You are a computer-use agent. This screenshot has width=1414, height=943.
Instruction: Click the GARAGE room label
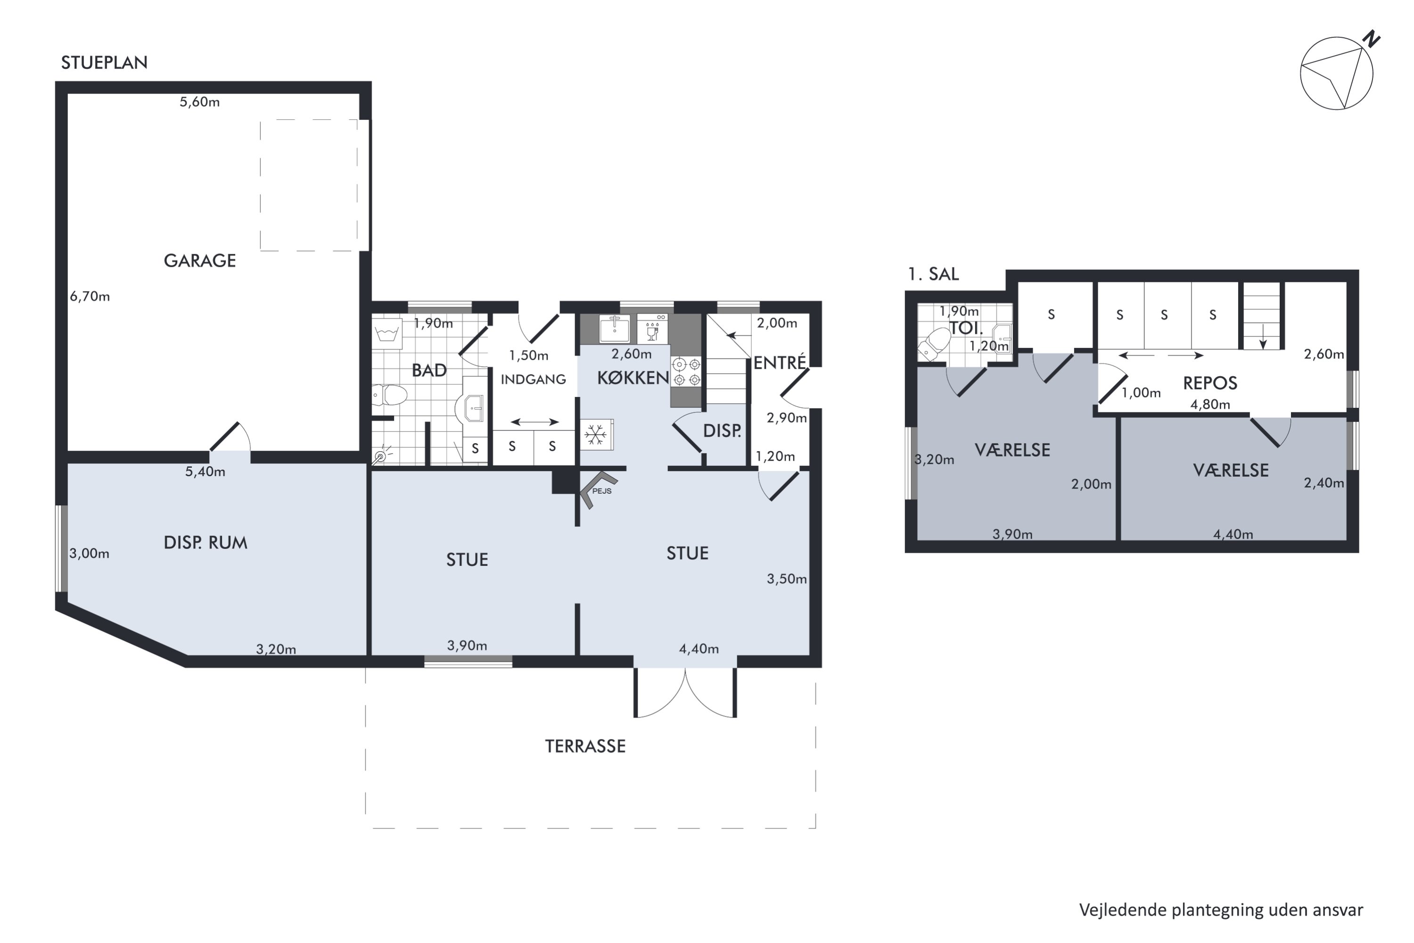[x=199, y=260]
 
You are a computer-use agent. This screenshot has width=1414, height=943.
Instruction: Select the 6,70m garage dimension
[x=90, y=296]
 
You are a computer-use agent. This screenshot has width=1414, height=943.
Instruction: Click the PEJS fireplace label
[x=602, y=491]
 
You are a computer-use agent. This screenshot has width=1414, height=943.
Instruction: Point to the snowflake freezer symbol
[x=596, y=434]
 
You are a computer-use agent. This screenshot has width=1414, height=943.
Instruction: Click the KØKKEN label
[x=633, y=378]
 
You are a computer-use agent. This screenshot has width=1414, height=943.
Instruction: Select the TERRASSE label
[x=585, y=746]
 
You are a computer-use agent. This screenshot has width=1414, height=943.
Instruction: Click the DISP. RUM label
[x=206, y=543]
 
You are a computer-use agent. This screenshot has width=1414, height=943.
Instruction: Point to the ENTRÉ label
[x=779, y=362]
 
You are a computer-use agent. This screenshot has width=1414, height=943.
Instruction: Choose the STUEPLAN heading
[x=104, y=63]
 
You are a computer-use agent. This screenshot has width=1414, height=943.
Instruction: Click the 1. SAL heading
[x=933, y=274]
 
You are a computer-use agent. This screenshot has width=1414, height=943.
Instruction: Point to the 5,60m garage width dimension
[x=199, y=102]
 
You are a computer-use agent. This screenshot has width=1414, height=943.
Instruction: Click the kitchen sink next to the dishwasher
[x=615, y=328]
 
